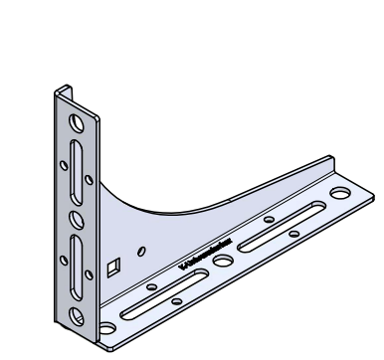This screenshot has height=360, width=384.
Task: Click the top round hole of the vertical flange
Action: [75, 124]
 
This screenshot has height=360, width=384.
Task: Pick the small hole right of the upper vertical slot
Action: [90, 179]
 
